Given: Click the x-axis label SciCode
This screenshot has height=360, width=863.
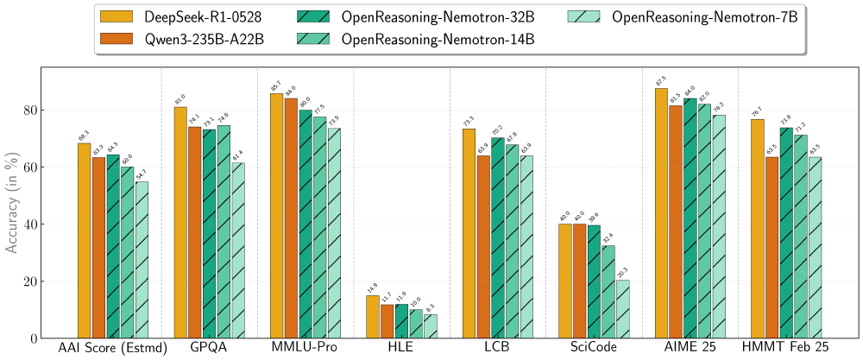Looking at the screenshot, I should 594,347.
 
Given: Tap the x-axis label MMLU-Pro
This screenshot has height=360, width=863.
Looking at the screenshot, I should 306,347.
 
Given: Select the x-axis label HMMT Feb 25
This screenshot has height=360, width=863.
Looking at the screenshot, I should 786,347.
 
